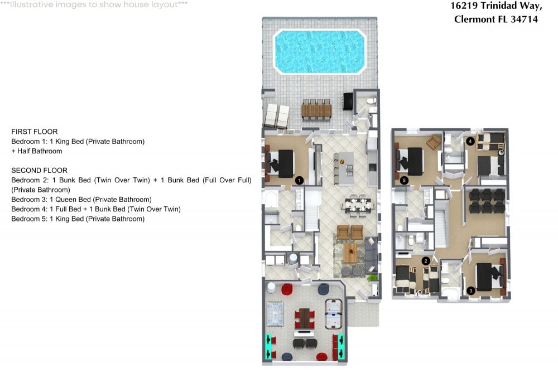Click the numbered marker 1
tap(300, 180)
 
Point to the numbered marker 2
tap(425, 260)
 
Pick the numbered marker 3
tap(470, 290)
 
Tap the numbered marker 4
tap(471, 141)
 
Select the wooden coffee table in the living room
tap(349, 253)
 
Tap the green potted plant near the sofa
tap(372, 277)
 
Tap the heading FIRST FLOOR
tap(35, 132)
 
